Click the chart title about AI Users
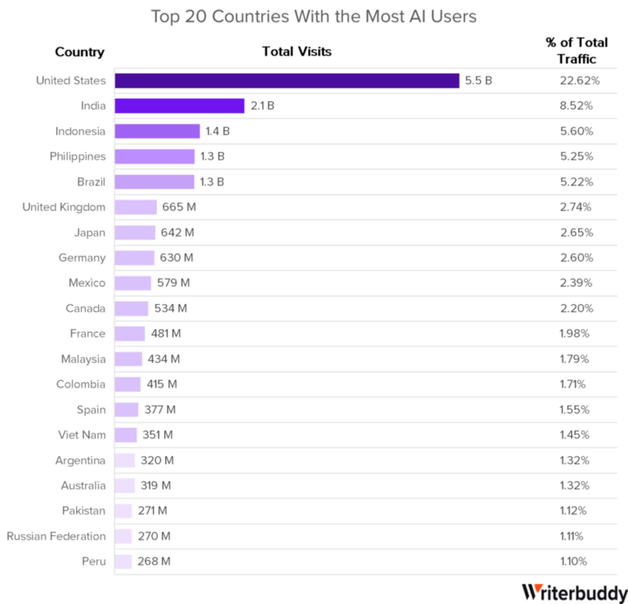[314, 16]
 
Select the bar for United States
[287, 80]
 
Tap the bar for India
[180, 105]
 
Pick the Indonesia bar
[158, 131]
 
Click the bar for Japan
[136, 232]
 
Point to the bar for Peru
[124, 561]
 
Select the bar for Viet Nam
[127, 435]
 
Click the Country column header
[80, 52]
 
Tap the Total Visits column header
[297, 52]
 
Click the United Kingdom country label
[64, 207]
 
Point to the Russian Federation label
[56, 536]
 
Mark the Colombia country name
[82, 384]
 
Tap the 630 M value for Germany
[176, 257]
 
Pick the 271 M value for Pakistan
[154, 511]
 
